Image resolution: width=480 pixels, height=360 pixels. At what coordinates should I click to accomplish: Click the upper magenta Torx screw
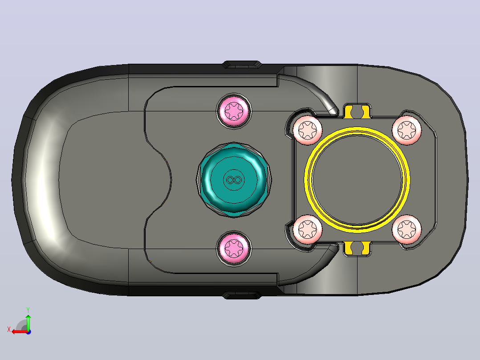[x=234, y=110]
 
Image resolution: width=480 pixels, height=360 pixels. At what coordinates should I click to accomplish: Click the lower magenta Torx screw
[x=234, y=248]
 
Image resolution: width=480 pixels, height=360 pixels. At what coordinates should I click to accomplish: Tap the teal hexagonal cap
[x=234, y=180]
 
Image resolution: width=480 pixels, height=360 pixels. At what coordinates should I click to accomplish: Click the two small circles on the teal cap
[x=234, y=180]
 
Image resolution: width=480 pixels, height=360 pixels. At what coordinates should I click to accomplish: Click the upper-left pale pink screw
[x=308, y=130]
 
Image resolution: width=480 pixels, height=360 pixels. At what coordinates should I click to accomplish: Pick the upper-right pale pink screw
[x=407, y=130]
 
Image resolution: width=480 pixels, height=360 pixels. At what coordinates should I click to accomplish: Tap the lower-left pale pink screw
[x=308, y=229]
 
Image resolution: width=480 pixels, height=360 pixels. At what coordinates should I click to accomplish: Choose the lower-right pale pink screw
[x=407, y=229]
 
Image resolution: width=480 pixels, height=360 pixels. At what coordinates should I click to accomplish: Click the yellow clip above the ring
[x=357, y=111]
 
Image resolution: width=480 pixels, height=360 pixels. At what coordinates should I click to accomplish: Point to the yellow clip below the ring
[x=357, y=249]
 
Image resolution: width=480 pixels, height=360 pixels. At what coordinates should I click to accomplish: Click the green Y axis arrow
[x=28, y=322]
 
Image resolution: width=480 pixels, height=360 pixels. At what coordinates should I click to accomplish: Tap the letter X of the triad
[x=9, y=330]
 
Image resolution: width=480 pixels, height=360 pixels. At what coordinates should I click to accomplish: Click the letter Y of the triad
[x=28, y=310]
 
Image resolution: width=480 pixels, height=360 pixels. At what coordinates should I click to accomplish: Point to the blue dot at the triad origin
[x=28, y=332]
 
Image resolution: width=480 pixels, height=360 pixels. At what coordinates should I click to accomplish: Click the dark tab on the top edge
[x=241, y=65]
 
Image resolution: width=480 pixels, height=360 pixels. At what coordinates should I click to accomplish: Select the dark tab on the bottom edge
[x=241, y=295]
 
